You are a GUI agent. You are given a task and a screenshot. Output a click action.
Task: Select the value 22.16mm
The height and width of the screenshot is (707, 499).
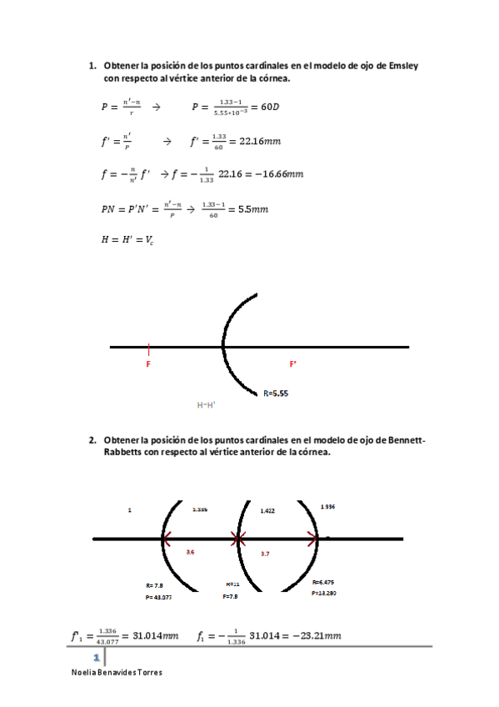(x=260, y=141)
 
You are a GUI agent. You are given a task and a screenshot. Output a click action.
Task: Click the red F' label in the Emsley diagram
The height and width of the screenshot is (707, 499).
(x=293, y=364)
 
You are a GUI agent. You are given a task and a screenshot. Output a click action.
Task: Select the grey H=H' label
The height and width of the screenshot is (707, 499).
(x=206, y=404)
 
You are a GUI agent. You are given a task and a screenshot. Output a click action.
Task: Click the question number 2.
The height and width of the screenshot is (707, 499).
(x=92, y=439)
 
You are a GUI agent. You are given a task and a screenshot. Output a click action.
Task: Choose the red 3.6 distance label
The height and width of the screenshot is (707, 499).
(x=191, y=552)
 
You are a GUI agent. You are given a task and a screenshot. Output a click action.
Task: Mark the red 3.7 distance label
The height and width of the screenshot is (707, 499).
(x=265, y=553)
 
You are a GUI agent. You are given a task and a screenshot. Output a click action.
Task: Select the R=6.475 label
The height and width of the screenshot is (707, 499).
(x=323, y=582)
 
